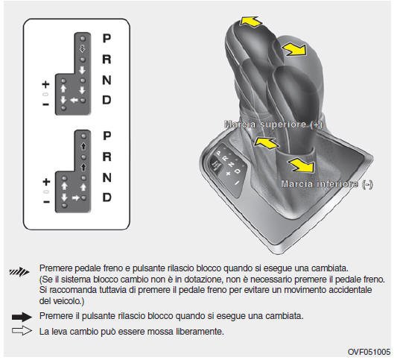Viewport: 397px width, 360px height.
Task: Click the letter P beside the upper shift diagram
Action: coord(107,38)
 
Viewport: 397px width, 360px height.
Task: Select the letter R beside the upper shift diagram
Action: coord(107,59)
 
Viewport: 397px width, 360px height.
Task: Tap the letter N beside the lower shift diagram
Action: coord(107,177)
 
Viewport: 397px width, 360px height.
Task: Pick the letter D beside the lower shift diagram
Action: coord(107,198)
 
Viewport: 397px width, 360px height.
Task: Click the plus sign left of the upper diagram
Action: coord(45,84)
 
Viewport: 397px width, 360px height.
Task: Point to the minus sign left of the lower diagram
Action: coord(46,202)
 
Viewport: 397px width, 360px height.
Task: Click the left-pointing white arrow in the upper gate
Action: coord(74,101)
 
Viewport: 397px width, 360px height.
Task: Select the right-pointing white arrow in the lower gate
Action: coord(76,198)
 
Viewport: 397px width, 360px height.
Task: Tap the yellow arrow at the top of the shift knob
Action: coord(250,22)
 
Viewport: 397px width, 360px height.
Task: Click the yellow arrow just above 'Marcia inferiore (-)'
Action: coord(302,165)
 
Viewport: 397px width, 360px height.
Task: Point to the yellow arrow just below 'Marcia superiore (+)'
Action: coord(266,143)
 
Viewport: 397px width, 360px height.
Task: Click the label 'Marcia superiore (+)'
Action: coord(273,124)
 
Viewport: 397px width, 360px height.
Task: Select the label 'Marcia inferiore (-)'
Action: coord(327,184)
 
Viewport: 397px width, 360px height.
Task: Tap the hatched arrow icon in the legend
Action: coord(19,272)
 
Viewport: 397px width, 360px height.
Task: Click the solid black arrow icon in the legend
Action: coord(22,317)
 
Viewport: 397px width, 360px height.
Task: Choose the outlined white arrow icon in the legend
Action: coord(22,331)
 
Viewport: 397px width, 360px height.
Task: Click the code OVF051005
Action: coord(369,352)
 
